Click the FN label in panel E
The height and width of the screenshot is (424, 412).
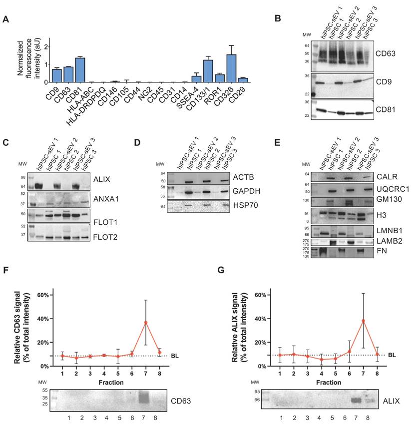[382, 251]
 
